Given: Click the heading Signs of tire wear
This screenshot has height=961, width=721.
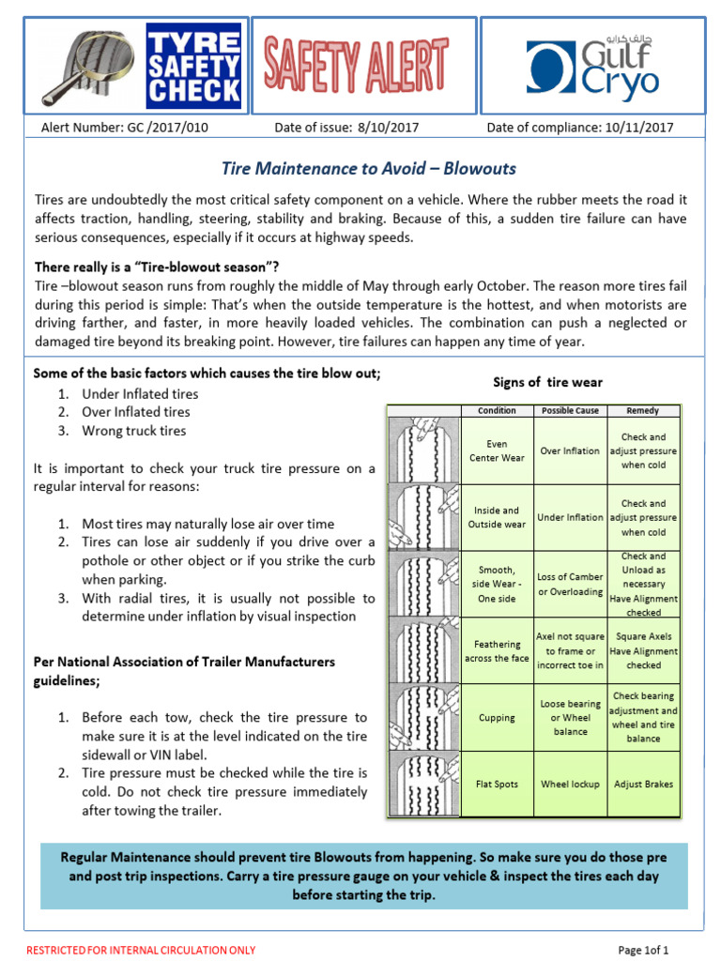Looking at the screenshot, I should [x=547, y=382].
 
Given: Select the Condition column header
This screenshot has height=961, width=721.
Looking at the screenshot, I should [x=497, y=410].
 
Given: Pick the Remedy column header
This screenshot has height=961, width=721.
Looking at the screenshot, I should [x=642, y=410].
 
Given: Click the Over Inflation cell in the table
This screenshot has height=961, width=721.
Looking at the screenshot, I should [x=569, y=450].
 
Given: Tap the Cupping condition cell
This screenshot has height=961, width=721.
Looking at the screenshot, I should [x=497, y=718].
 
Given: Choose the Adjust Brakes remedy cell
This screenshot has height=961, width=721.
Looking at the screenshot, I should [x=642, y=784].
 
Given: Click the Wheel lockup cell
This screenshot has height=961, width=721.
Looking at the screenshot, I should [x=569, y=784].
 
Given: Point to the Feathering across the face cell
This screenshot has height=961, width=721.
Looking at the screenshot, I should [x=497, y=651].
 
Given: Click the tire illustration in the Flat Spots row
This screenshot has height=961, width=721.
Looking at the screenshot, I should [x=424, y=784].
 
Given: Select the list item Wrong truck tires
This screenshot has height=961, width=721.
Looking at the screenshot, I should [x=133, y=431].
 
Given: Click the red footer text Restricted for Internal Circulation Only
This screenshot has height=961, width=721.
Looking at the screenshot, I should [x=141, y=950].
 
